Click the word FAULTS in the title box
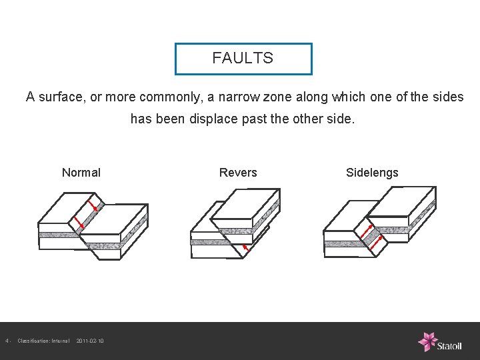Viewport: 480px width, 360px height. tap(243, 58)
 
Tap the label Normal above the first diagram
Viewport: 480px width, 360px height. tap(81, 173)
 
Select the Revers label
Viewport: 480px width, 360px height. tap(238, 173)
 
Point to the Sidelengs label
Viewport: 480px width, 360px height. tap(372, 173)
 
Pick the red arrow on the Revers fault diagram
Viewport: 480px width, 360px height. tap(246, 248)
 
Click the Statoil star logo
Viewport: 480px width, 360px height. tap(427, 341)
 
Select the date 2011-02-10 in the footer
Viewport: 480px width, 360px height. tap(90, 341)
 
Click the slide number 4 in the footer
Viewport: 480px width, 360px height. tap(7, 341)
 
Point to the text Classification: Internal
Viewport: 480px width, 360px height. tap(43, 341)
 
